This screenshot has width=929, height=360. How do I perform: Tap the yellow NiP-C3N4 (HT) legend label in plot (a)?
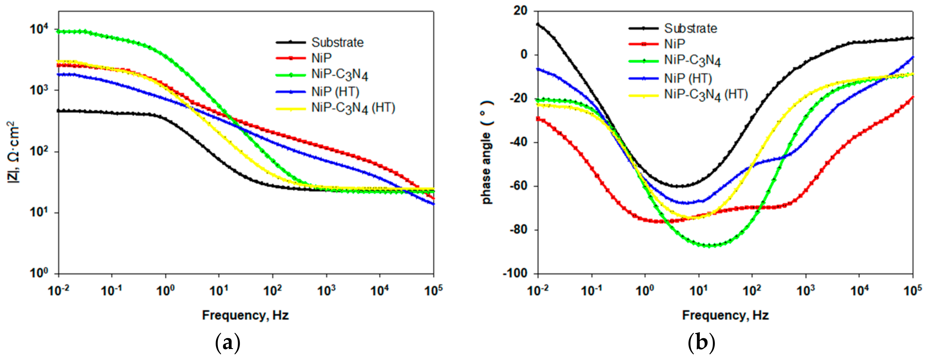click(353, 108)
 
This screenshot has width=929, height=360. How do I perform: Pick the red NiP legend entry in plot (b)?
click(674, 44)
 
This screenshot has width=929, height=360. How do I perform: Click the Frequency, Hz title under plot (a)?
click(245, 315)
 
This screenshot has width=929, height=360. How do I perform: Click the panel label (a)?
click(227, 343)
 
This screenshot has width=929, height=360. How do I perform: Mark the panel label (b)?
click(701, 343)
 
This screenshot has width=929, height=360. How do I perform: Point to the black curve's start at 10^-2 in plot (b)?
click(538, 24)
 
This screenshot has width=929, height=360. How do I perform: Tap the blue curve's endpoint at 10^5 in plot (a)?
click(433, 204)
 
